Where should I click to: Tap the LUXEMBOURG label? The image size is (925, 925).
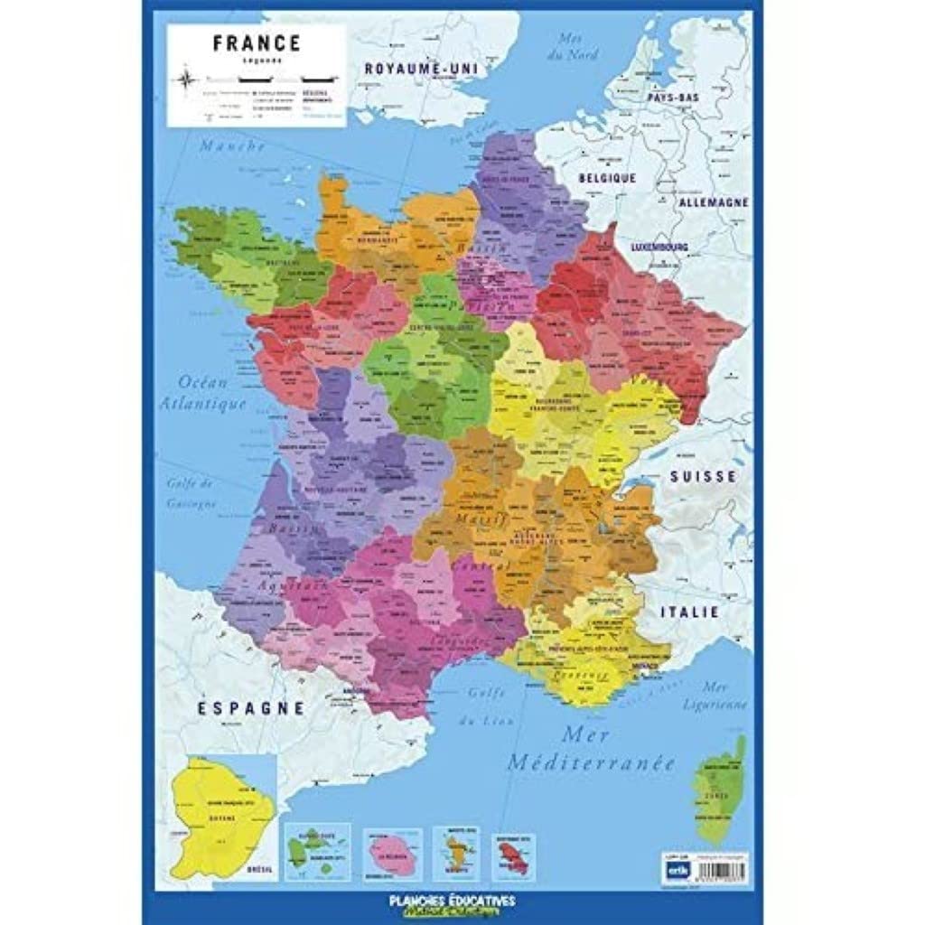[x=659, y=247]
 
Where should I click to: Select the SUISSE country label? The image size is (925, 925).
[x=704, y=477]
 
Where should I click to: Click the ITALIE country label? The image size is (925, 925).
[x=690, y=612]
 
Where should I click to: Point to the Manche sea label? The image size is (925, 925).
[x=232, y=145]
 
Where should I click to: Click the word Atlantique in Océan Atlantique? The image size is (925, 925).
[x=203, y=404]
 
